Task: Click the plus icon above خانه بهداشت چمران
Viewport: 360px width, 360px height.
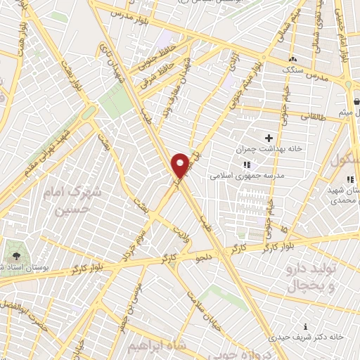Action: (269, 138)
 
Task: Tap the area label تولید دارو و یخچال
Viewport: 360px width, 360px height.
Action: (305, 277)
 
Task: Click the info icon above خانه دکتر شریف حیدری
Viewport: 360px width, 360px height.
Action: (305, 326)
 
